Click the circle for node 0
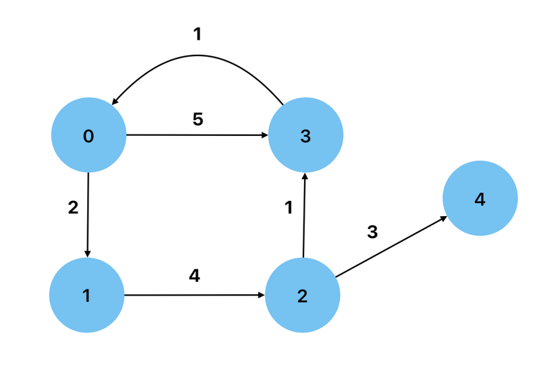[89, 136]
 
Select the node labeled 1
[86, 295]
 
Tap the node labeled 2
[303, 296]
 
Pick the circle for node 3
[305, 136]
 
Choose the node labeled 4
[480, 199]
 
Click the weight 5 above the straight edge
[198, 119]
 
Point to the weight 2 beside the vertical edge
[73, 207]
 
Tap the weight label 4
[194, 276]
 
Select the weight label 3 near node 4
[373, 232]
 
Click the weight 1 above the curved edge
[198, 34]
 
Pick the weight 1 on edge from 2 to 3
[289, 207]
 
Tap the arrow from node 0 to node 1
[89, 213]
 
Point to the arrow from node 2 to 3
[304, 216]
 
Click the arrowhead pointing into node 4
[443, 219]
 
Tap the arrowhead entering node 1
[88, 254]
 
